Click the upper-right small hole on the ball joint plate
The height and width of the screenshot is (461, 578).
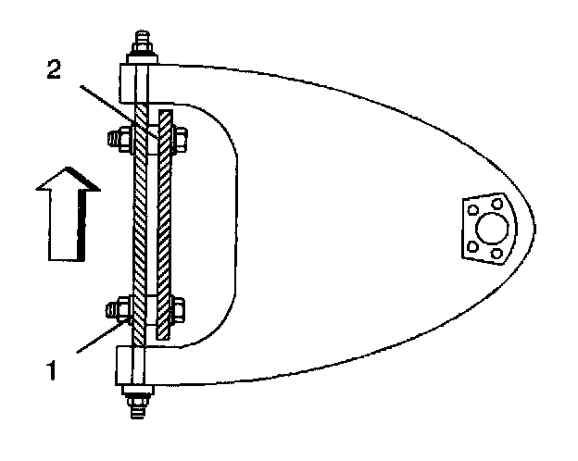click(498, 203)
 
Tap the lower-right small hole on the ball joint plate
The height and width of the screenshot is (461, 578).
click(498, 252)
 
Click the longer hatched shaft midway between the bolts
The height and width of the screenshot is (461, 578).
click(141, 222)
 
